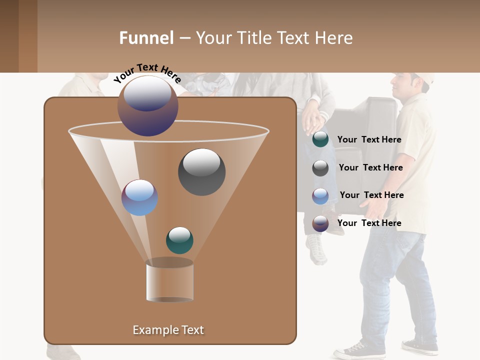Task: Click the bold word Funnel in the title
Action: tap(146, 38)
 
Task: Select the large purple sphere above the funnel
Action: tap(148, 105)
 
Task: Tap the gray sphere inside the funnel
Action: tap(201, 171)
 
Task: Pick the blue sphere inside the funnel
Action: tap(139, 197)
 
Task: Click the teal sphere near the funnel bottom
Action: tap(179, 240)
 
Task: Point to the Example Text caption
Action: tap(168, 330)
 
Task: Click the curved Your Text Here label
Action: tap(147, 72)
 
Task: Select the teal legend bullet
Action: tap(320, 139)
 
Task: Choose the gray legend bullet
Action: tap(320, 168)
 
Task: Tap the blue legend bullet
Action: tap(320, 196)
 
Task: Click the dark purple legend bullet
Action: tap(320, 223)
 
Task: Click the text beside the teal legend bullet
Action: tap(369, 139)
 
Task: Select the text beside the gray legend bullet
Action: tap(370, 167)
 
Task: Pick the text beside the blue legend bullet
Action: tap(371, 195)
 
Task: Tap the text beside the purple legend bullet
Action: tap(369, 223)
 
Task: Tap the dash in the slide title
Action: tap(184, 38)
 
